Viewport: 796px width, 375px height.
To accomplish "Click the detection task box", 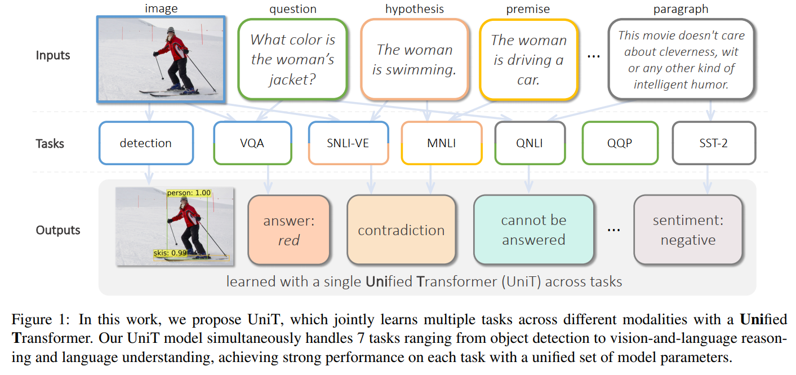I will pyautogui.click(x=146, y=143).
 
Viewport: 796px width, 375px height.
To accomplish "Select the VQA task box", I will pyautogui.click(x=252, y=143).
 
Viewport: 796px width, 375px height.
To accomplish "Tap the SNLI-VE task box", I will pyautogui.click(x=349, y=143).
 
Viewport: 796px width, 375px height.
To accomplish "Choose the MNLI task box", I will pyautogui.click(x=441, y=143).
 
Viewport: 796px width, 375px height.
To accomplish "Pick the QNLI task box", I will pyautogui.click(x=529, y=143).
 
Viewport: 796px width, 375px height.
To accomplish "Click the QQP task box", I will pyautogui.click(x=620, y=143).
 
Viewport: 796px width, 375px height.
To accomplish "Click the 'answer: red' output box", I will pyautogui.click(x=288, y=230).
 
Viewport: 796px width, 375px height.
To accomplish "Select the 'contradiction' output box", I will pyautogui.click(x=401, y=230).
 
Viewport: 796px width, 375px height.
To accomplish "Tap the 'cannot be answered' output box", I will pyautogui.click(x=533, y=230).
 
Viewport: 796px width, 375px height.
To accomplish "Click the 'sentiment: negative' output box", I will pyautogui.click(x=688, y=230).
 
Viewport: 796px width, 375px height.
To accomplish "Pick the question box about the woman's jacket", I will pyautogui.click(x=292, y=59).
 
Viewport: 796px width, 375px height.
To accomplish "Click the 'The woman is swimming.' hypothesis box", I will pyautogui.click(x=414, y=59).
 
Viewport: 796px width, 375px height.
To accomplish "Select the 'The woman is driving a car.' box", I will pyautogui.click(x=528, y=59).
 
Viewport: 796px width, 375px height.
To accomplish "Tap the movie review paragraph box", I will pyautogui.click(x=681, y=59).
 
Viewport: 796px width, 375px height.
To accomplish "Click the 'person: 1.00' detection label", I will pyautogui.click(x=189, y=193).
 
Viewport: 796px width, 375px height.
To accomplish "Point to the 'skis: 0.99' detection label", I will pyautogui.click(x=170, y=253).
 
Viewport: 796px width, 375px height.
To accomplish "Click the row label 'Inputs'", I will pyautogui.click(x=53, y=55).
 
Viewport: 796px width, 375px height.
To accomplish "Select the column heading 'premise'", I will pyautogui.click(x=528, y=9).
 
